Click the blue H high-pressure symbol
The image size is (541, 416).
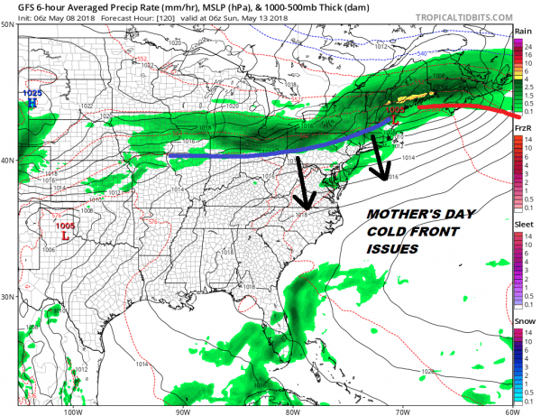tap(32, 104)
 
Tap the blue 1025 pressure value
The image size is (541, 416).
tap(32, 94)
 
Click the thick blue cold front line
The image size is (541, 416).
tap(270, 152)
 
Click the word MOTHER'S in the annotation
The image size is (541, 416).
tap(392, 217)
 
